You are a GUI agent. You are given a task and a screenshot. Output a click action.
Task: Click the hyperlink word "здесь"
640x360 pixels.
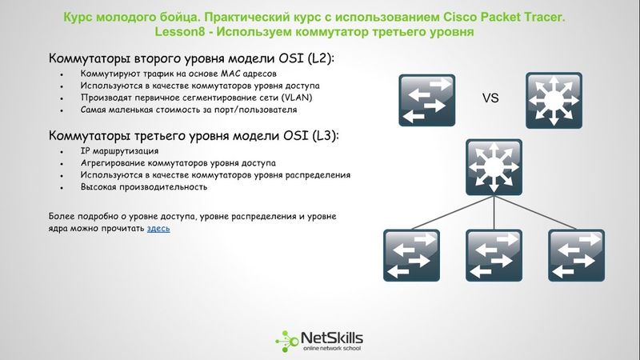pos(158,229)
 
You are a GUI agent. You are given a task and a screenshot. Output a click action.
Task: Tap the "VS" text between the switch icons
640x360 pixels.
pos(490,98)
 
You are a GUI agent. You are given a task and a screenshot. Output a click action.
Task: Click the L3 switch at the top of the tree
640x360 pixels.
pos(490,166)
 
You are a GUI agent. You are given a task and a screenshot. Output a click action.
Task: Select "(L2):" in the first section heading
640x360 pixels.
pos(318,59)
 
